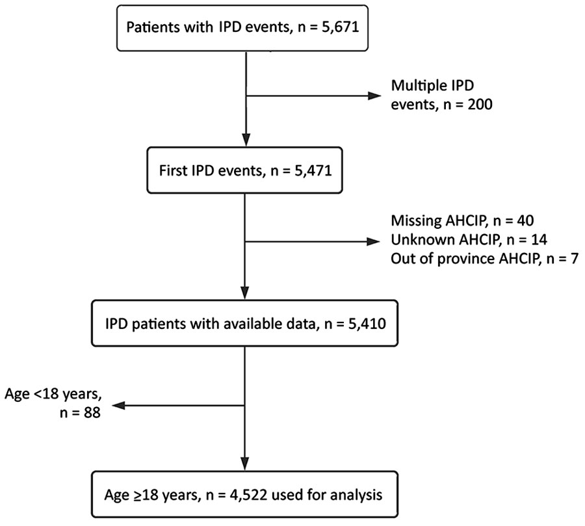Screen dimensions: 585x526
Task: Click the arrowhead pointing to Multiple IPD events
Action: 374,96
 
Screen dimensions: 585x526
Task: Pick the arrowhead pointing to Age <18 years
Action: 118,406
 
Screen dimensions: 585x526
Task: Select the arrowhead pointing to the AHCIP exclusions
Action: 374,242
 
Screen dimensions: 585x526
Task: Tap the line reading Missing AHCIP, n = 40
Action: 462,220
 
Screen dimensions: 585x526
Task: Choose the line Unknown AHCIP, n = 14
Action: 469,240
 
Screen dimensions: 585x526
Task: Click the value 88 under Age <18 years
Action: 92,412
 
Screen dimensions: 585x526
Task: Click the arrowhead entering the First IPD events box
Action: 246,140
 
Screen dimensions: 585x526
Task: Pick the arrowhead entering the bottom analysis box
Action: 245,464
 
